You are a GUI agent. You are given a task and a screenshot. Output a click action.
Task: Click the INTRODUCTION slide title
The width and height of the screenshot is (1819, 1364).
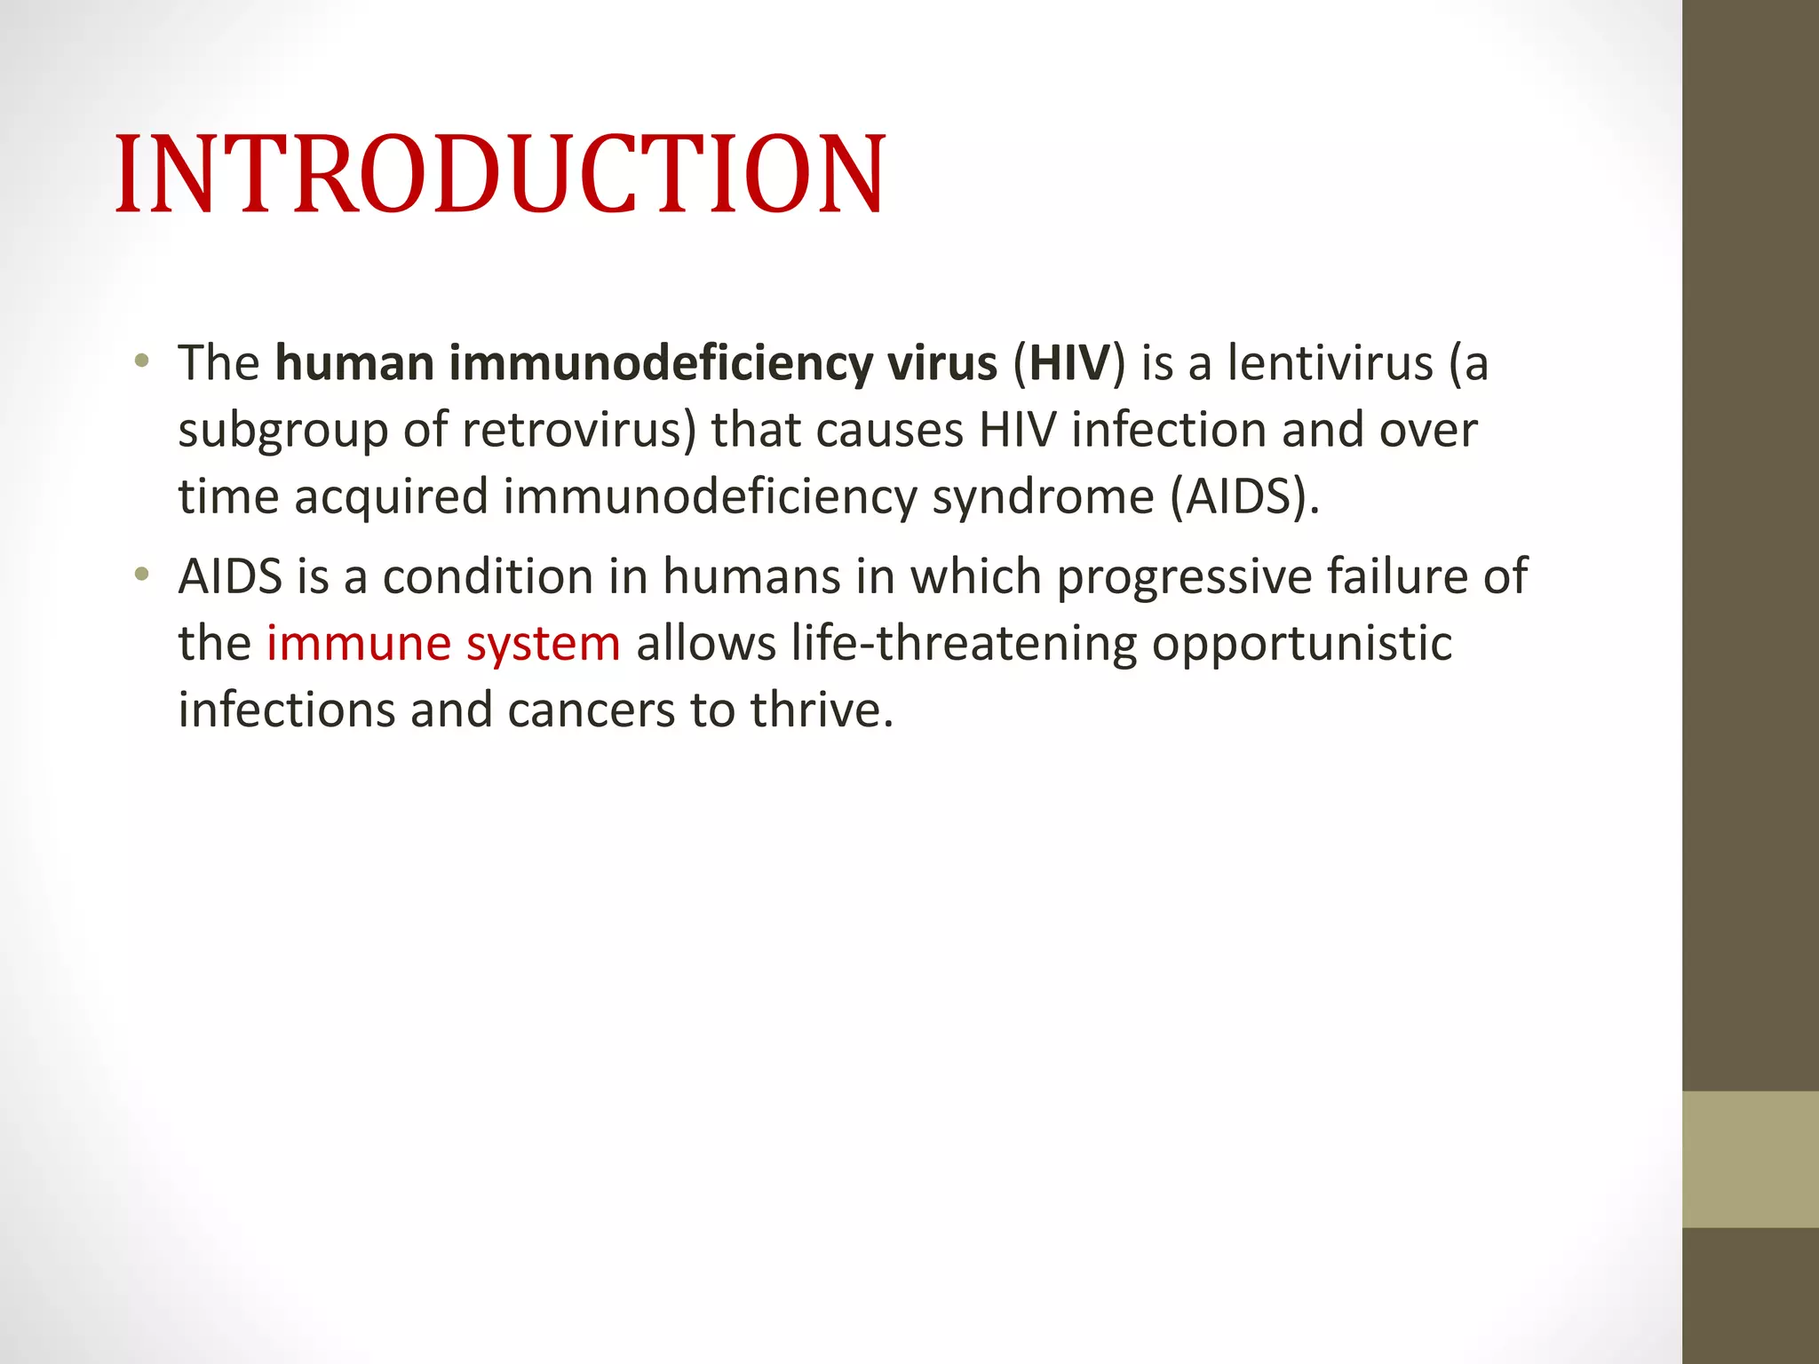point(500,174)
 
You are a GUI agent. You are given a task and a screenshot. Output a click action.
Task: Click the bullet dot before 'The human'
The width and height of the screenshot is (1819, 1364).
point(141,361)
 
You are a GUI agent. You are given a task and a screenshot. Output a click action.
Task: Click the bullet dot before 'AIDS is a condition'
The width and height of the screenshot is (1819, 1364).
point(141,575)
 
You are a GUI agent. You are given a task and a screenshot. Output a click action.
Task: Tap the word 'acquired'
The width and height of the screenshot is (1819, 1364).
point(391,497)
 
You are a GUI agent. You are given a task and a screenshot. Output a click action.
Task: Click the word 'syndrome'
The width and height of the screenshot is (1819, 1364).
point(1043,497)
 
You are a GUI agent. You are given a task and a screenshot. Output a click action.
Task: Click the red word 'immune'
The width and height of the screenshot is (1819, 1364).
point(358,644)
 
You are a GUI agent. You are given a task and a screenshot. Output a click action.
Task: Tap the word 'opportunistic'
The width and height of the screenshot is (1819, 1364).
point(1301,645)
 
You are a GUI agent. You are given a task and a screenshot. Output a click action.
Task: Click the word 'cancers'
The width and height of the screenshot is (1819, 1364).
point(591,710)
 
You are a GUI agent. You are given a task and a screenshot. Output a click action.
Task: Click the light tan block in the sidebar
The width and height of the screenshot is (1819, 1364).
point(1750,1159)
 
